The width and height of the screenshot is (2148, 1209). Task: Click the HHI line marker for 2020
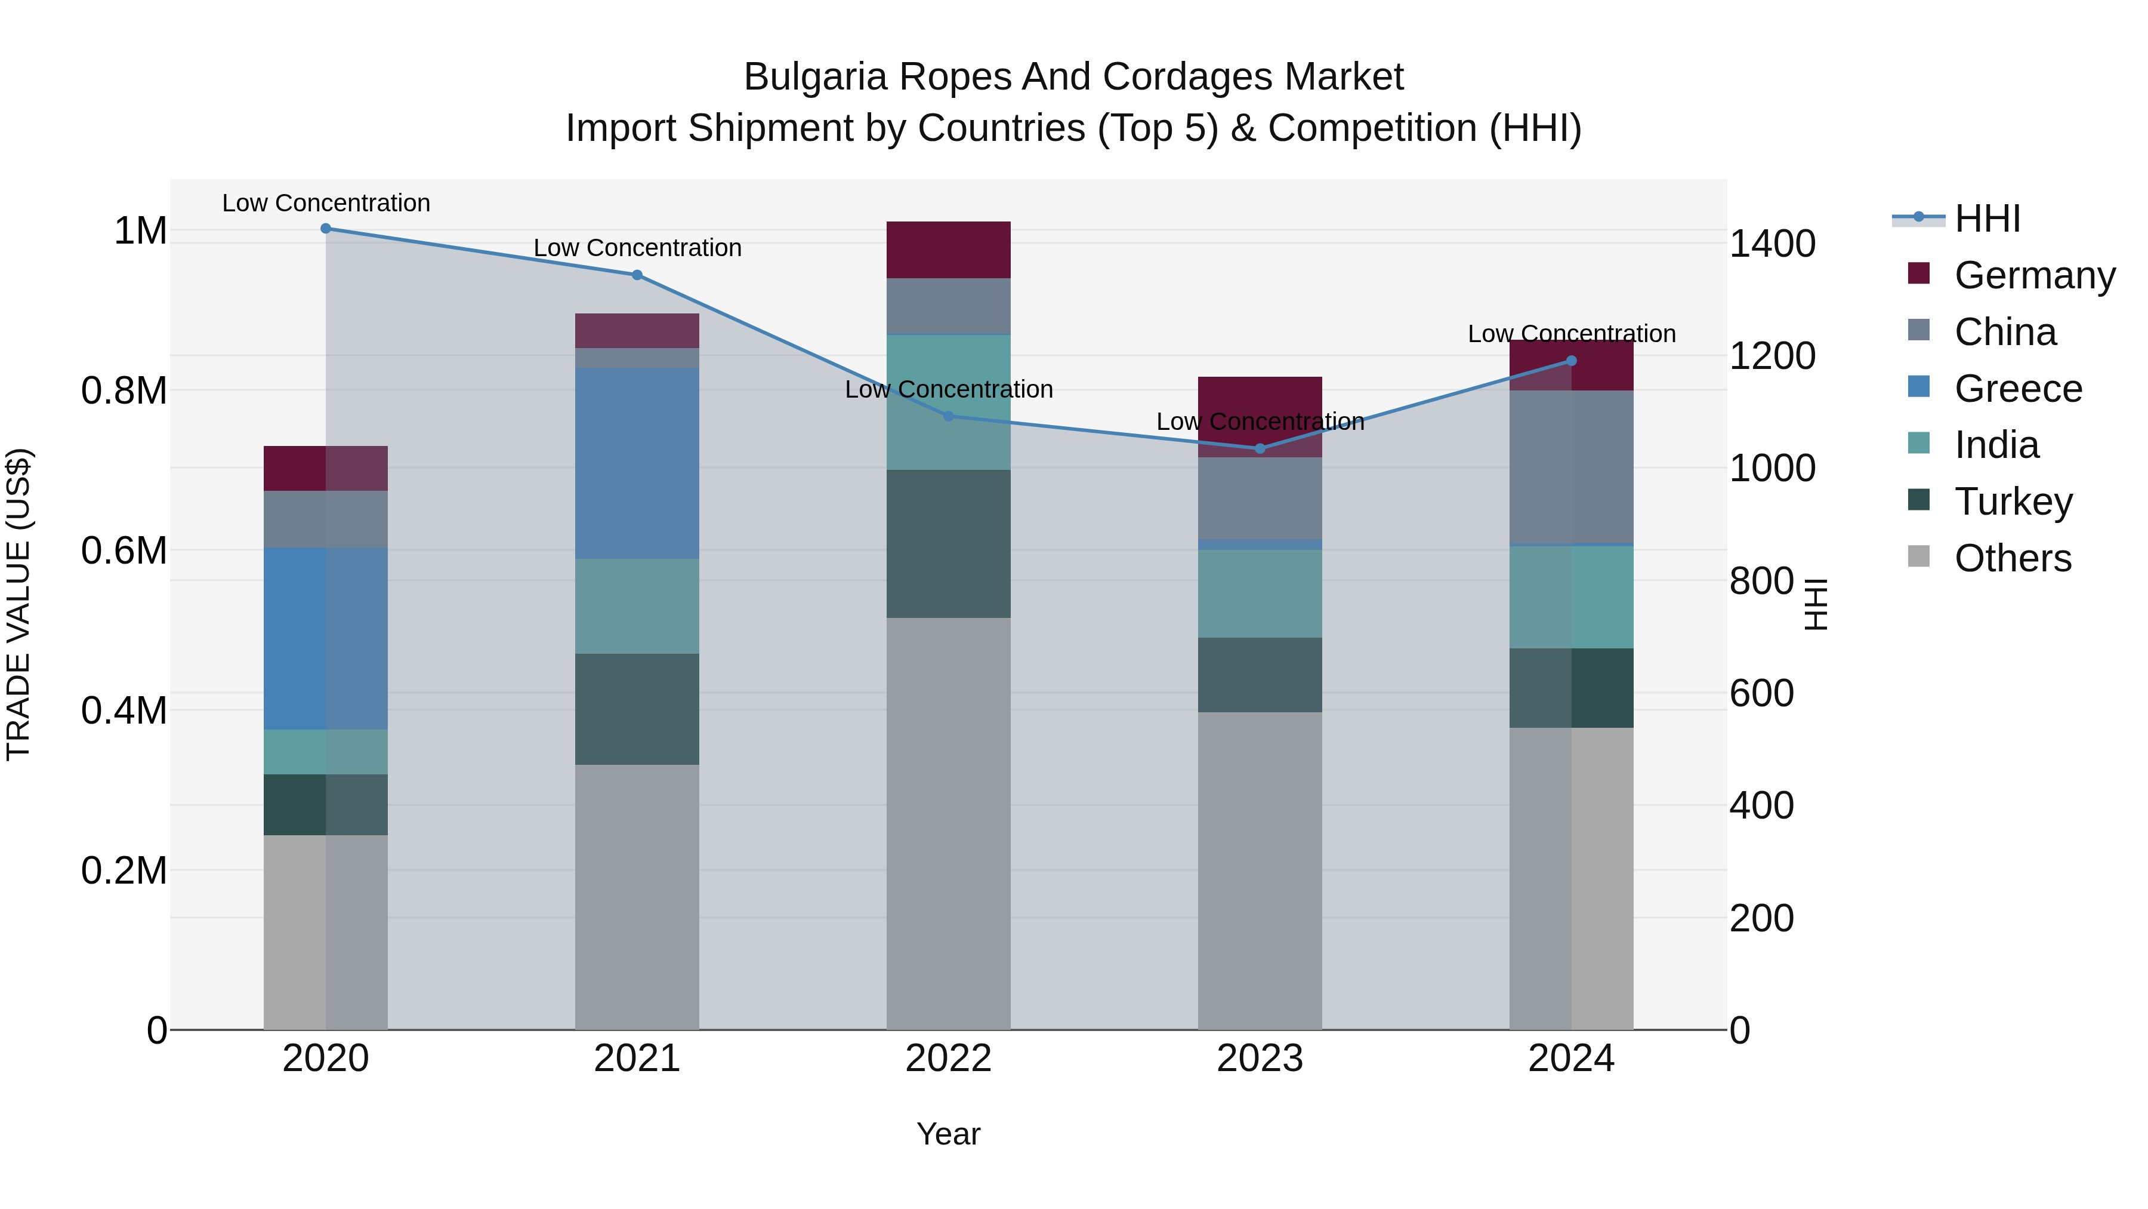pyautogui.click(x=326, y=229)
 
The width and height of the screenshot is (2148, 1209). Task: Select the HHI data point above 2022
pyautogui.click(x=948, y=416)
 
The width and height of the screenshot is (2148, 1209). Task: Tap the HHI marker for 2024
pyautogui.click(x=1571, y=361)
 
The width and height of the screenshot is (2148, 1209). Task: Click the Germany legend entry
pyautogui.click(x=2034, y=275)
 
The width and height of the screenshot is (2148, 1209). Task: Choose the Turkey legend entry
pyautogui.click(x=2013, y=502)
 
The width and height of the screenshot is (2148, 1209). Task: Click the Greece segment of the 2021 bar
pyautogui.click(x=637, y=463)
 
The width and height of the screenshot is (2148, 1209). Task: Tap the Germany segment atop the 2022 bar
pyautogui.click(x=948, y=250)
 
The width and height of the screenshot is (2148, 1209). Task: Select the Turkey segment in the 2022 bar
pyautogui.click(x=948, y=543)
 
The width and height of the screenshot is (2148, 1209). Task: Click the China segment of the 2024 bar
pyautogui.click(x=1571, y=467)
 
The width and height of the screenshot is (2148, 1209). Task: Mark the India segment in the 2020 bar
pyautogui.click(x=326, y=752)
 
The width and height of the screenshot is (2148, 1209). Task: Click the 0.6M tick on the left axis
pyautogui.click(x=124, y=550)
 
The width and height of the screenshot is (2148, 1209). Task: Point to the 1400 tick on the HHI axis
pyautogui.click(x=1772, y=244)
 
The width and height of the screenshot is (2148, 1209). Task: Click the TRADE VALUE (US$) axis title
pyautogui.click(x=18, y=604)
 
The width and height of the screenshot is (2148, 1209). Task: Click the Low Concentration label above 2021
pyautogui.click(x=637, y=248)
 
